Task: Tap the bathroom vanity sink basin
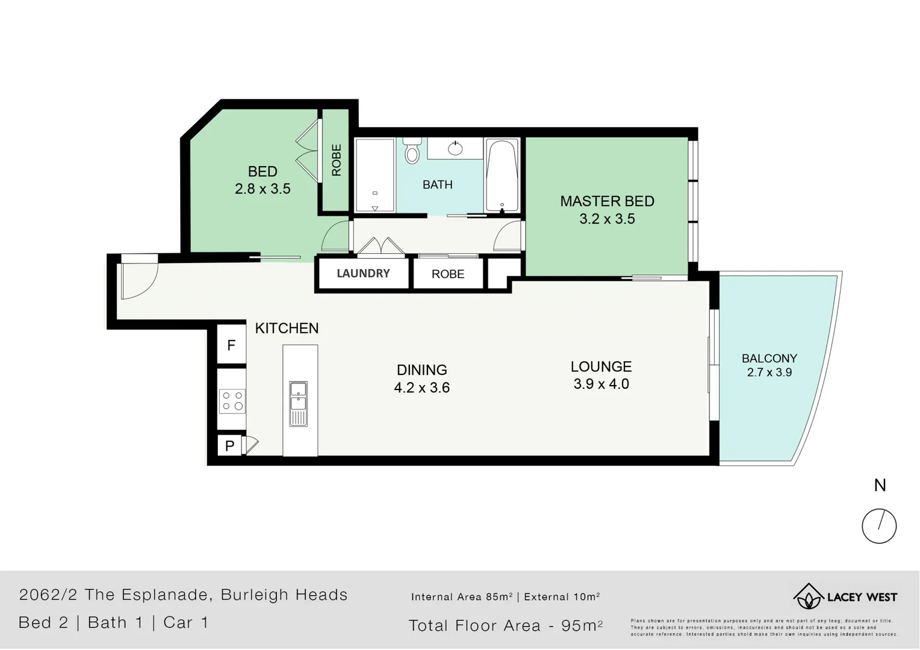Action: tap(455, 147)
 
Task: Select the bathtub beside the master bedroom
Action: tap(502, 175)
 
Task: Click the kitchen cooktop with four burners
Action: tap(232, 401)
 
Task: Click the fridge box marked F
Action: tap(231, 345)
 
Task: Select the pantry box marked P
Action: tap(229, 446)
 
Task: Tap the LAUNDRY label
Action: tap(363, 273)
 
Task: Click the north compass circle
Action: tap(879, 525)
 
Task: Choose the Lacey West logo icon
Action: tap(808, 596)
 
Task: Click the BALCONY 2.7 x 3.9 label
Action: tap(769, 365)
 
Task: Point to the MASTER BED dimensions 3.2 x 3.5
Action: tap(607, 219)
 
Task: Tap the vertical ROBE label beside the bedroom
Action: tap(336, 160)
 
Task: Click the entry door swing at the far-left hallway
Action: tap(138, 277)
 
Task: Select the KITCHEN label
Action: tap(287, 328)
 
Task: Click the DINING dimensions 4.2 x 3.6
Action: tap(421, 388)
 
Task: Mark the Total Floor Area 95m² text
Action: tap(505, 626)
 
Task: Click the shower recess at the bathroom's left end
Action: tap(375, 175)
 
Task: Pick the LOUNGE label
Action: tap(601, 367)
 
